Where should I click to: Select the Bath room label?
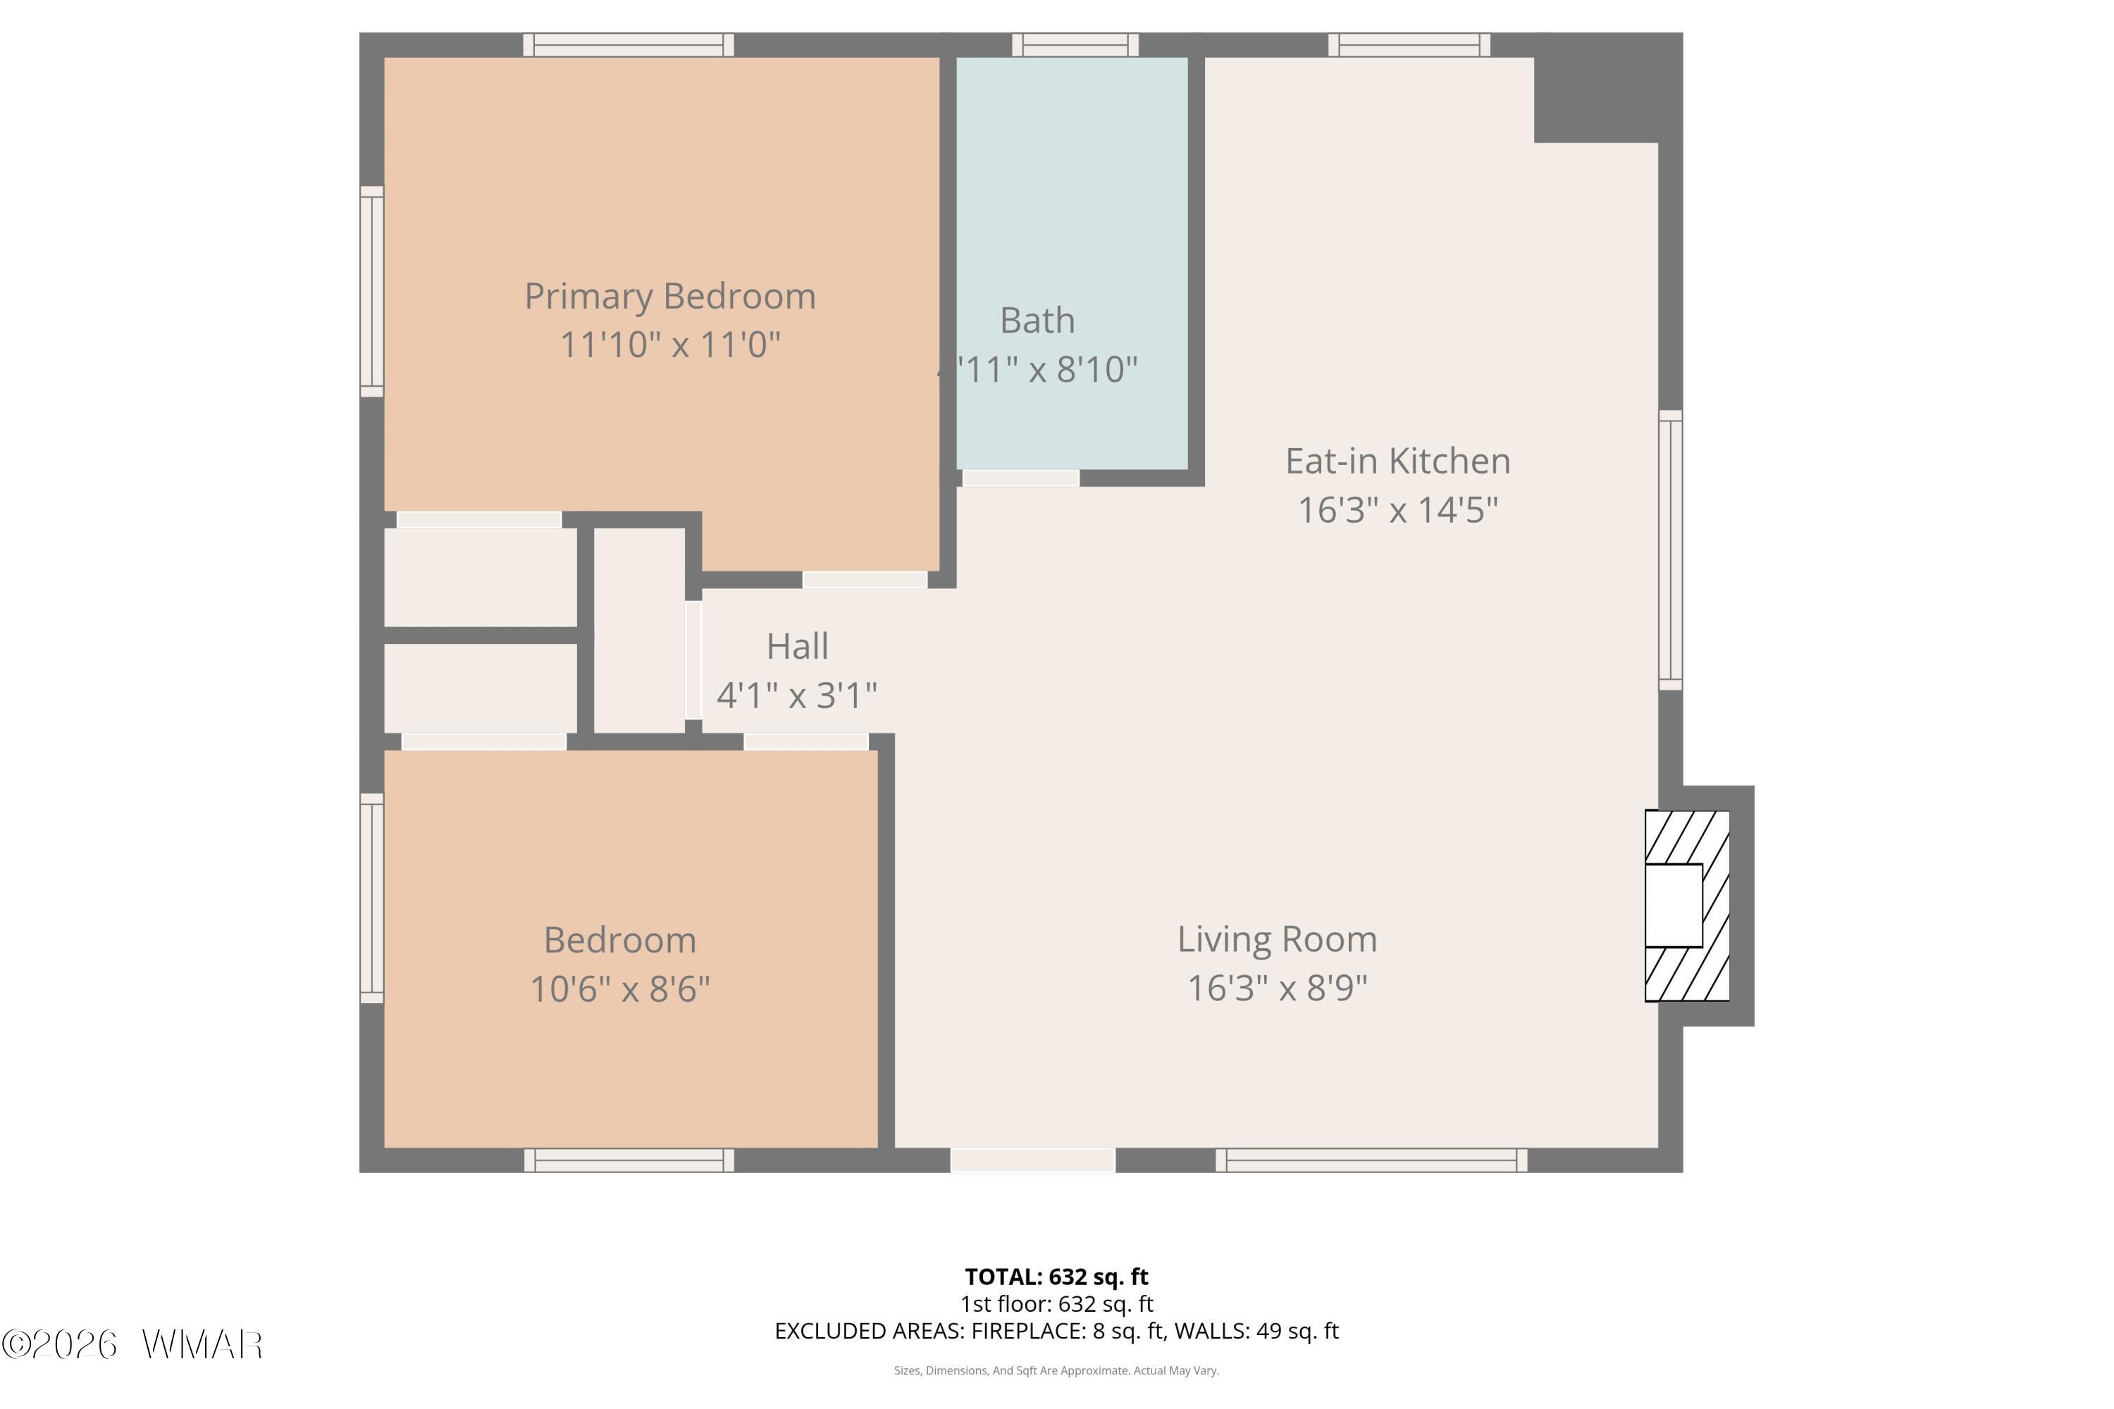(1037, 321)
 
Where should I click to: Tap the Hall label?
(797, 646)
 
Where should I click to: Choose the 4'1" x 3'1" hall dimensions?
(797, 695)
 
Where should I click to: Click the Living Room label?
(1277, 940)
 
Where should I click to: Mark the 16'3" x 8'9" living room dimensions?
(1277, 988)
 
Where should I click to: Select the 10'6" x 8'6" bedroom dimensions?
(620, 989)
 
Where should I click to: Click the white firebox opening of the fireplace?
(1674, 906)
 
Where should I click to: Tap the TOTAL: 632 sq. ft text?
(1057, 1277)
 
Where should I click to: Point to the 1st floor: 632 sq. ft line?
(1057, 1304)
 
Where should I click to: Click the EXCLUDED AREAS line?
(1057, 1331)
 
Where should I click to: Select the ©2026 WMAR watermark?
(132, 1345)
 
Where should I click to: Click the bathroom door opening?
(1020, 478)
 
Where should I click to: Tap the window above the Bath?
(1075, 45)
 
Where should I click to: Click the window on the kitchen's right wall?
(1670, 550)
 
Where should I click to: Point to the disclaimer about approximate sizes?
(1057, 1370)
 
